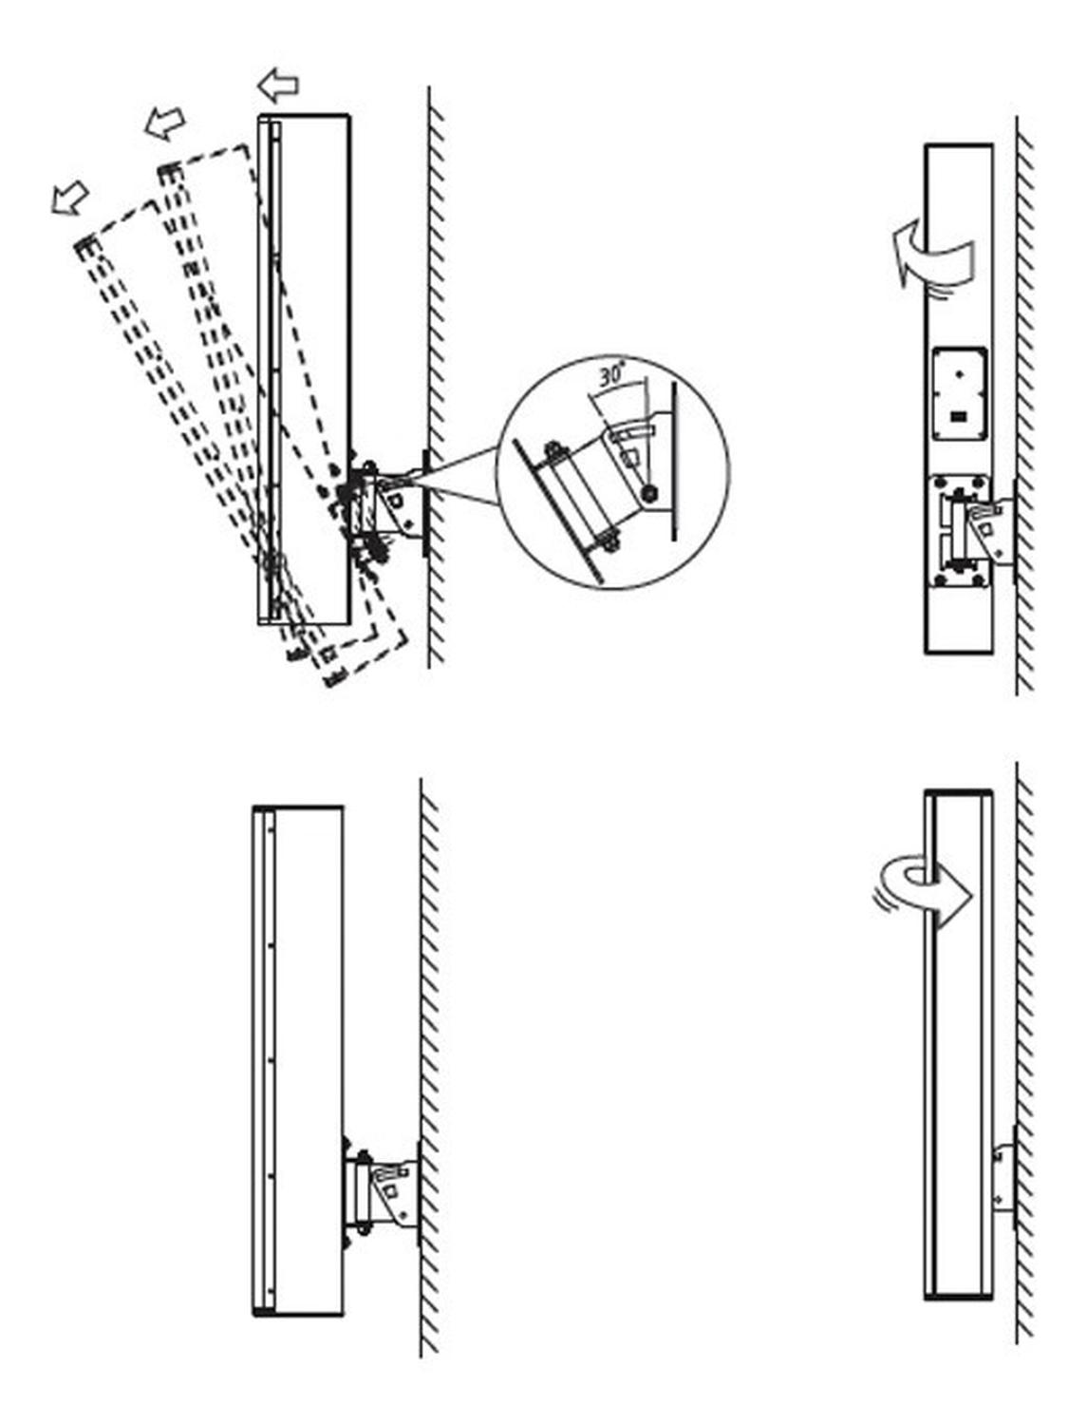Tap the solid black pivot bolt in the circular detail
647,492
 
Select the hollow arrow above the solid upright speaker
278,85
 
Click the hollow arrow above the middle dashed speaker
165,123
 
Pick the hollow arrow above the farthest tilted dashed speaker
70,198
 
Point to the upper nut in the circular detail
552,449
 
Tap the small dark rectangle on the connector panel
959,415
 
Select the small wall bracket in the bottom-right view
1003,1178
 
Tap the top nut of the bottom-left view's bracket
362,1156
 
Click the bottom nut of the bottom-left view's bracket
362,1228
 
